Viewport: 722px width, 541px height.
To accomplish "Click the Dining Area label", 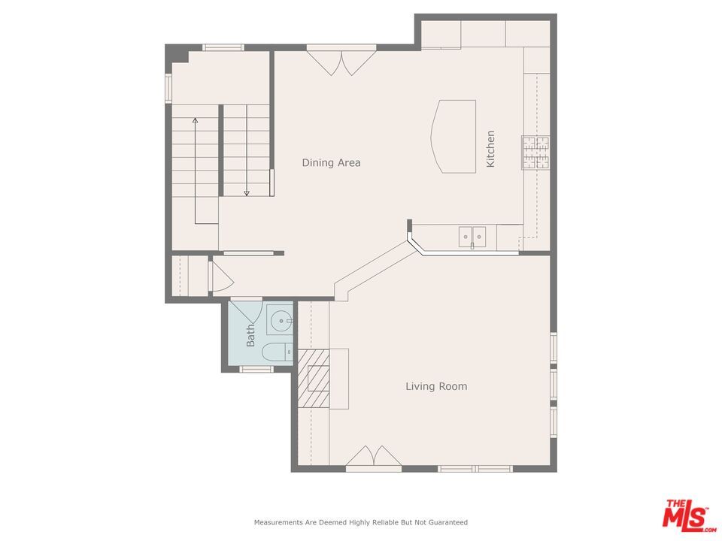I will (x=331, y=162).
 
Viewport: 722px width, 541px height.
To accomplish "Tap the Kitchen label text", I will (x=490, y=149).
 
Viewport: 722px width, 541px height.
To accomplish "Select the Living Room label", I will (x=436, y=386).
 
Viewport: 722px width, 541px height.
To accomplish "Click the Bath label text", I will (x=250, y=335).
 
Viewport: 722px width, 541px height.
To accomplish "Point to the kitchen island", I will (x=455, y=136).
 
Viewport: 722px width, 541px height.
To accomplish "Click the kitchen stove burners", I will (x=535, y=153).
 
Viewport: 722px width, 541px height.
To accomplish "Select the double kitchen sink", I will (x=472, y=237).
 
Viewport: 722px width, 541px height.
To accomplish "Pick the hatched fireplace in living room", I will (x=314, y=379).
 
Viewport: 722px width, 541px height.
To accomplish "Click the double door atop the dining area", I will (x=341, y=60).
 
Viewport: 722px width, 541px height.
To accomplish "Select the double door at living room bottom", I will (x=373, y=457).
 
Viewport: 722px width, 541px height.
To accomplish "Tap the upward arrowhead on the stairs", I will (x=196, y=119).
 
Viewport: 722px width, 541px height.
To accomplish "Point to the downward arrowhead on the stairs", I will (x=247, y=193).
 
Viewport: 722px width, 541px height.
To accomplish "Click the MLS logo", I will (x=685, y=515).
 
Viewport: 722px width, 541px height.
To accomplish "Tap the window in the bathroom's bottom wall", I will (x=256, y=369).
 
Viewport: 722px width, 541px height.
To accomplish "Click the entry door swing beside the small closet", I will (x=221, y=277).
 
